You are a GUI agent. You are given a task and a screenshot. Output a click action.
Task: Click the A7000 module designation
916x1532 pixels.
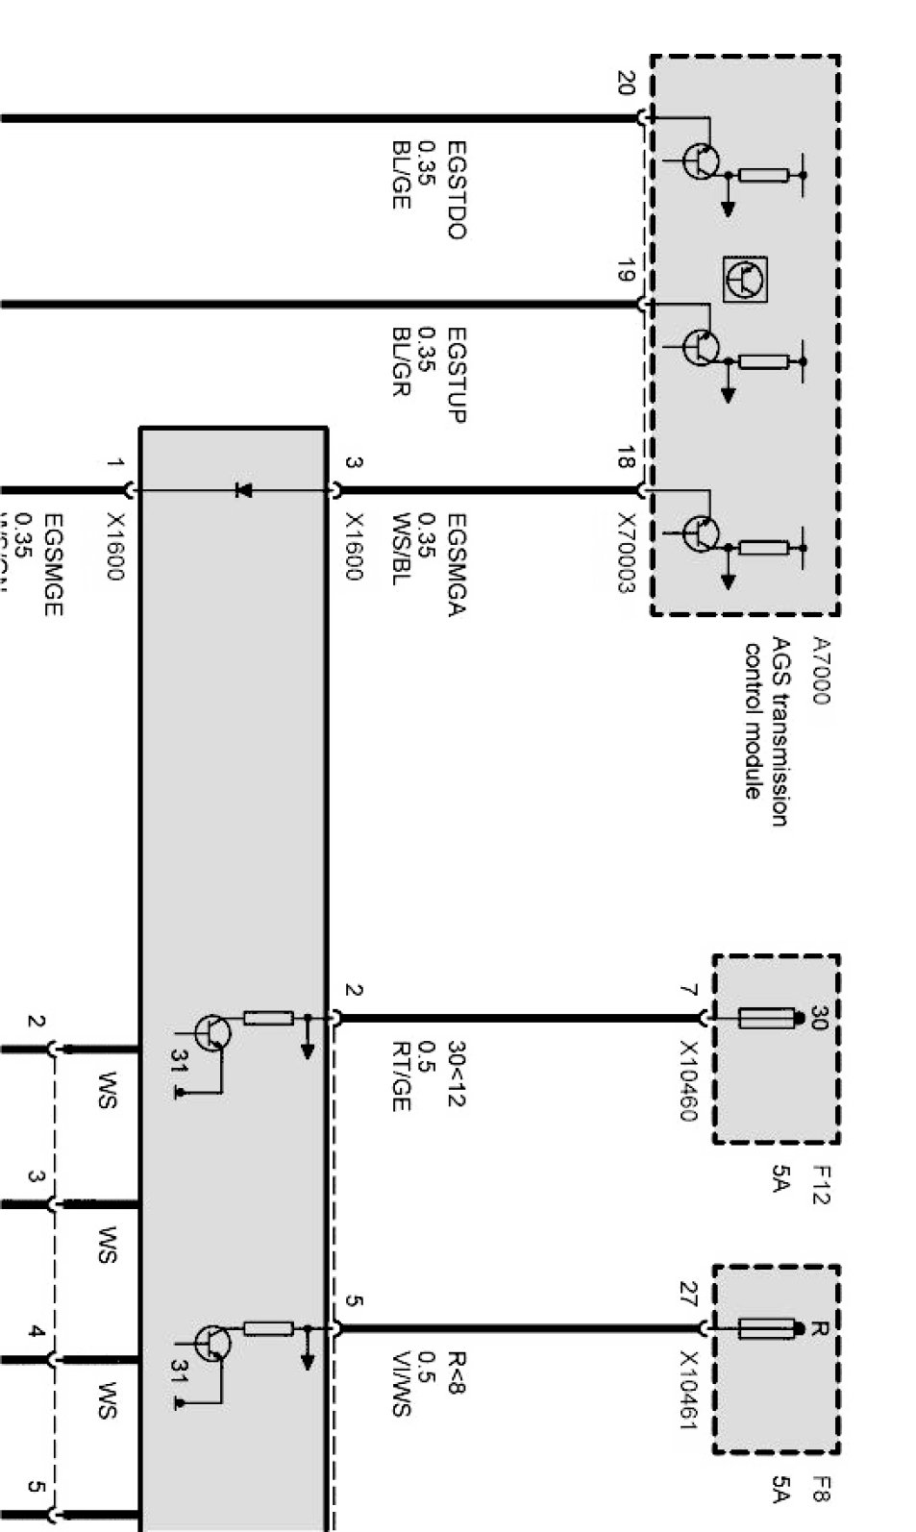(819, 670)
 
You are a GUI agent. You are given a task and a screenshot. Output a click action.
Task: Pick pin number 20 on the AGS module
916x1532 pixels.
(626, 84)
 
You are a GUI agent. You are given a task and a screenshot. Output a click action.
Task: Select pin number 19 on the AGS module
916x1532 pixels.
(626, 271)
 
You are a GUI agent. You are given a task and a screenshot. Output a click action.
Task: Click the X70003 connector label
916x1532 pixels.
(626, 552)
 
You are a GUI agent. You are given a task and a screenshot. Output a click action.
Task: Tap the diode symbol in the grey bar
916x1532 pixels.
(243, 491)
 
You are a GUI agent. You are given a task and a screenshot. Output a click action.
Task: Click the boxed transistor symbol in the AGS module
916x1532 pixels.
(746, 280)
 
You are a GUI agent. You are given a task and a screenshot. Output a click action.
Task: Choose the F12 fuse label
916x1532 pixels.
(822, 1185)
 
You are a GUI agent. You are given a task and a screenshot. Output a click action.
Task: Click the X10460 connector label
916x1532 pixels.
(688, 1079)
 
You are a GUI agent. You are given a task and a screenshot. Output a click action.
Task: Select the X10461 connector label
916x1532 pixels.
(688, 1390)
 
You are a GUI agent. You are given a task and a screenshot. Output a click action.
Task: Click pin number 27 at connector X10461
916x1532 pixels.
(688, 1290)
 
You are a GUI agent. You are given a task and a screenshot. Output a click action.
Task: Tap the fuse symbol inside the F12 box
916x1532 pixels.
(767, 1018)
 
